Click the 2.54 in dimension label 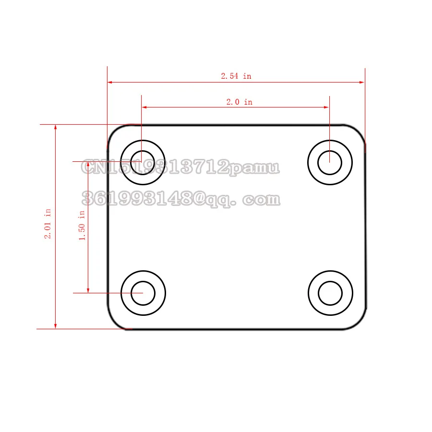pyautogui.click(x=236, y=76)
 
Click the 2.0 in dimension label pyautogui.click(x=240, y=102)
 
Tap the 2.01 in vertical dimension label pyautogui.click(x=48, y=223)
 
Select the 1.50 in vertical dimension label pyautogui.click(x=82, y=226)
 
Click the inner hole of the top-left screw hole pyautogui.click(x=143, y=163)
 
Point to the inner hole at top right pyautogui.click(x=330, y=163)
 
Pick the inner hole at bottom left pyautogui.click(x=143, y=293)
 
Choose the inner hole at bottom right pyautogui.click(x=330, y=293)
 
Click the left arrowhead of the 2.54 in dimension pyautogui.click(x=109, y=82)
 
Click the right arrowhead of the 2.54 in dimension pyautogui.click(x=362, y=82)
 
